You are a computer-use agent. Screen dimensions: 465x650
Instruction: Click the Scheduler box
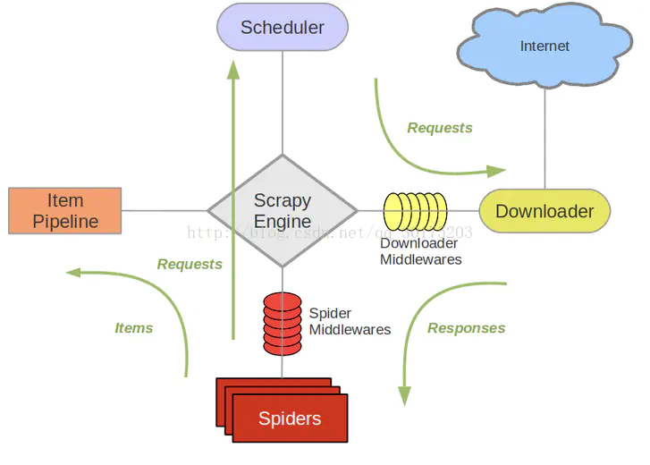[x=283, y=27]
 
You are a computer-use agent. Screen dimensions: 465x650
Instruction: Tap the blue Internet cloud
[x=544, y=46]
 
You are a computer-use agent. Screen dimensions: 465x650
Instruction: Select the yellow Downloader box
[x=544, y=212]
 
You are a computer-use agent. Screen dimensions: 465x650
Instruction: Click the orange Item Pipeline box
[x=64, y=211]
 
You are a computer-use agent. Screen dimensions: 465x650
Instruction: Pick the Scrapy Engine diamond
[x=283, y=211]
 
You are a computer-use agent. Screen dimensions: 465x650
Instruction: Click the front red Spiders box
[x=290, y=418]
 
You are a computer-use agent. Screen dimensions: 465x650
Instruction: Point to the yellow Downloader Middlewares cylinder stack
[x=415, y=212]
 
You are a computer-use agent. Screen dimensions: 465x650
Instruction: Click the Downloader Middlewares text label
[x=420, y=251]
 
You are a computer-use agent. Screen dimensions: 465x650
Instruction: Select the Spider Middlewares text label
[x=350, y=322]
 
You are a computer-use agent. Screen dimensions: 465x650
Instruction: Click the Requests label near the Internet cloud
[x=440, y=128]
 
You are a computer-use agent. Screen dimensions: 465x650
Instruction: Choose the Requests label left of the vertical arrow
[x=190, y=264]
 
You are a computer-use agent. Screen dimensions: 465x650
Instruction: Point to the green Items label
[x=134, y=328]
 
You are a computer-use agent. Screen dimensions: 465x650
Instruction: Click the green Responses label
[x=466, y=328]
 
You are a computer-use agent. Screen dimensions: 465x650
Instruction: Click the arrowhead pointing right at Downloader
[x=496, y=170]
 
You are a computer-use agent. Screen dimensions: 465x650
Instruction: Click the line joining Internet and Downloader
[x=544, y=134]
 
